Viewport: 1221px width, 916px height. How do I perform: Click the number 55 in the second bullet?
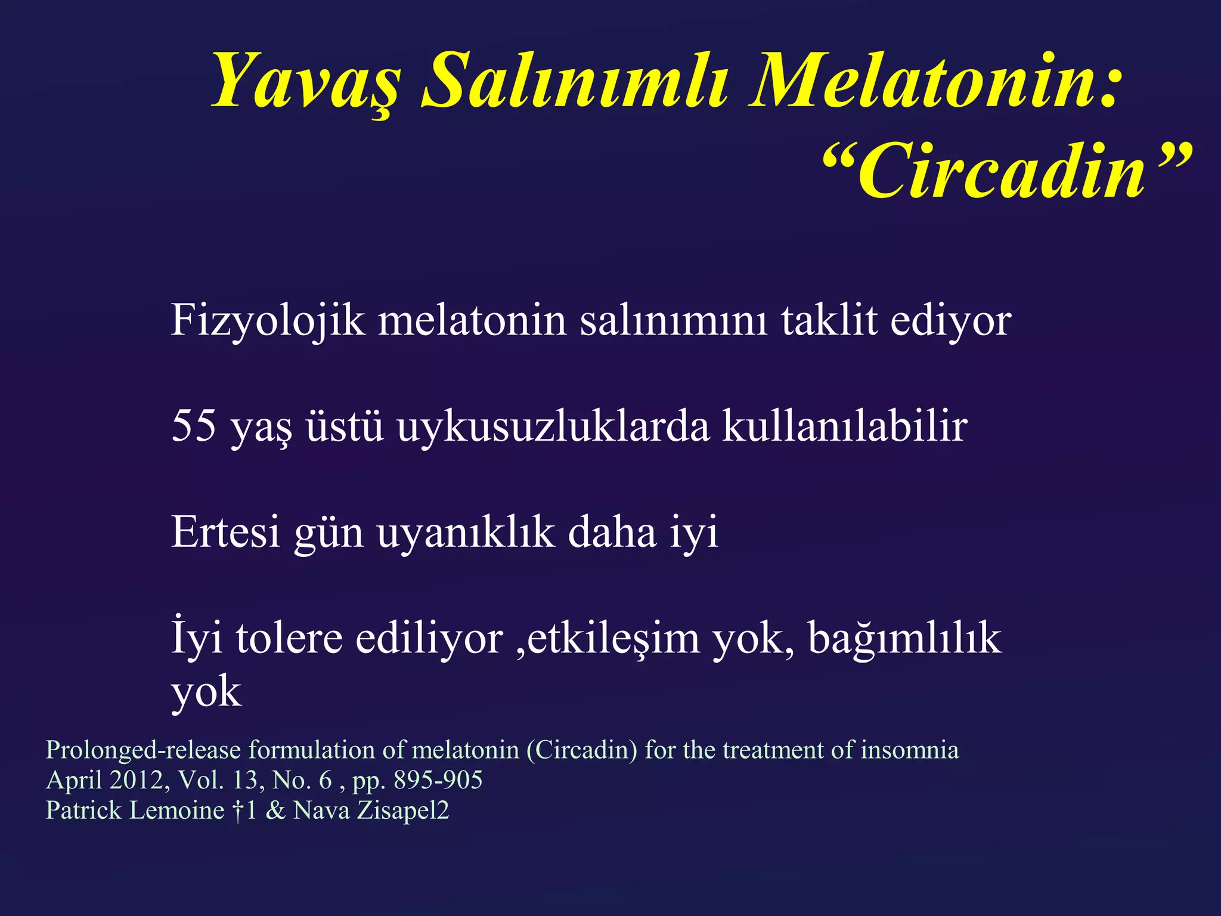193,426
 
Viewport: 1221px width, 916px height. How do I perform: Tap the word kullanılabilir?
844,426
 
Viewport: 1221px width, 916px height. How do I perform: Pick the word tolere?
289,638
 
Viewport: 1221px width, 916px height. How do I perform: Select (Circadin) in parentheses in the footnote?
582,750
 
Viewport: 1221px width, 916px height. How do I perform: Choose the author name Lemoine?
176,810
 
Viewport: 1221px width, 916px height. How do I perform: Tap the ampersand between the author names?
275,810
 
